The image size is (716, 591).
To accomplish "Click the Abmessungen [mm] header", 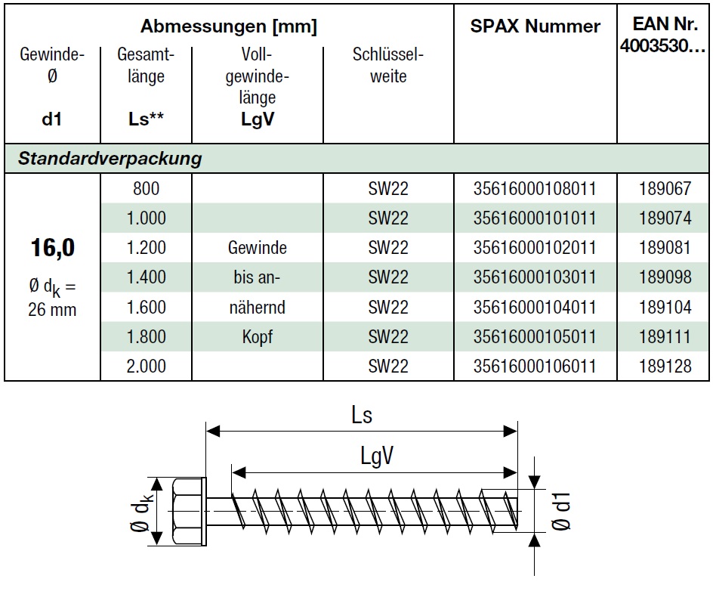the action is point(228,26).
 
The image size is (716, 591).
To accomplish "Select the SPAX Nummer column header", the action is point(535,26).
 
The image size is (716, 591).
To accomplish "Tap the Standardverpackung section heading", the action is point(110,159).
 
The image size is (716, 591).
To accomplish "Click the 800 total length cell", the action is point(146,188).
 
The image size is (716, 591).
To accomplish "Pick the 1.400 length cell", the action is point(146,277).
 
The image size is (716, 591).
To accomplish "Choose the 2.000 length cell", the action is point(146,366).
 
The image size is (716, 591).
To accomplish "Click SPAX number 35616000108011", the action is point(535,188).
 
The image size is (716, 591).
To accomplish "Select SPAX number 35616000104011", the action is point(535,307).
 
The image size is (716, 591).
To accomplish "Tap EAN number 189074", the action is point(665,218).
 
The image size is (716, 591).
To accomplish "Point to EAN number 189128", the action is point(665,366).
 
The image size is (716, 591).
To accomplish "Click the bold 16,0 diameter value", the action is point(53,248).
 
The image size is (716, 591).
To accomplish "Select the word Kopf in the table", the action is point(257,337).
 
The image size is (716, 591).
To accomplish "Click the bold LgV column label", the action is point(258,119).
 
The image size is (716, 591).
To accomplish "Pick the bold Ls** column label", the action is point(146,119).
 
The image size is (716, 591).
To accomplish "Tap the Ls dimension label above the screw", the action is point(362,415).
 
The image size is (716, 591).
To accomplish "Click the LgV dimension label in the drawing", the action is point(377,456).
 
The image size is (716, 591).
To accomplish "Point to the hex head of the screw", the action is point(189,511).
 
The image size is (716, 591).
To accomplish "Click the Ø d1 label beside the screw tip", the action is point(561,512).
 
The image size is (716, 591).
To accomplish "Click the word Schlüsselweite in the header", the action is point(388,65).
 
